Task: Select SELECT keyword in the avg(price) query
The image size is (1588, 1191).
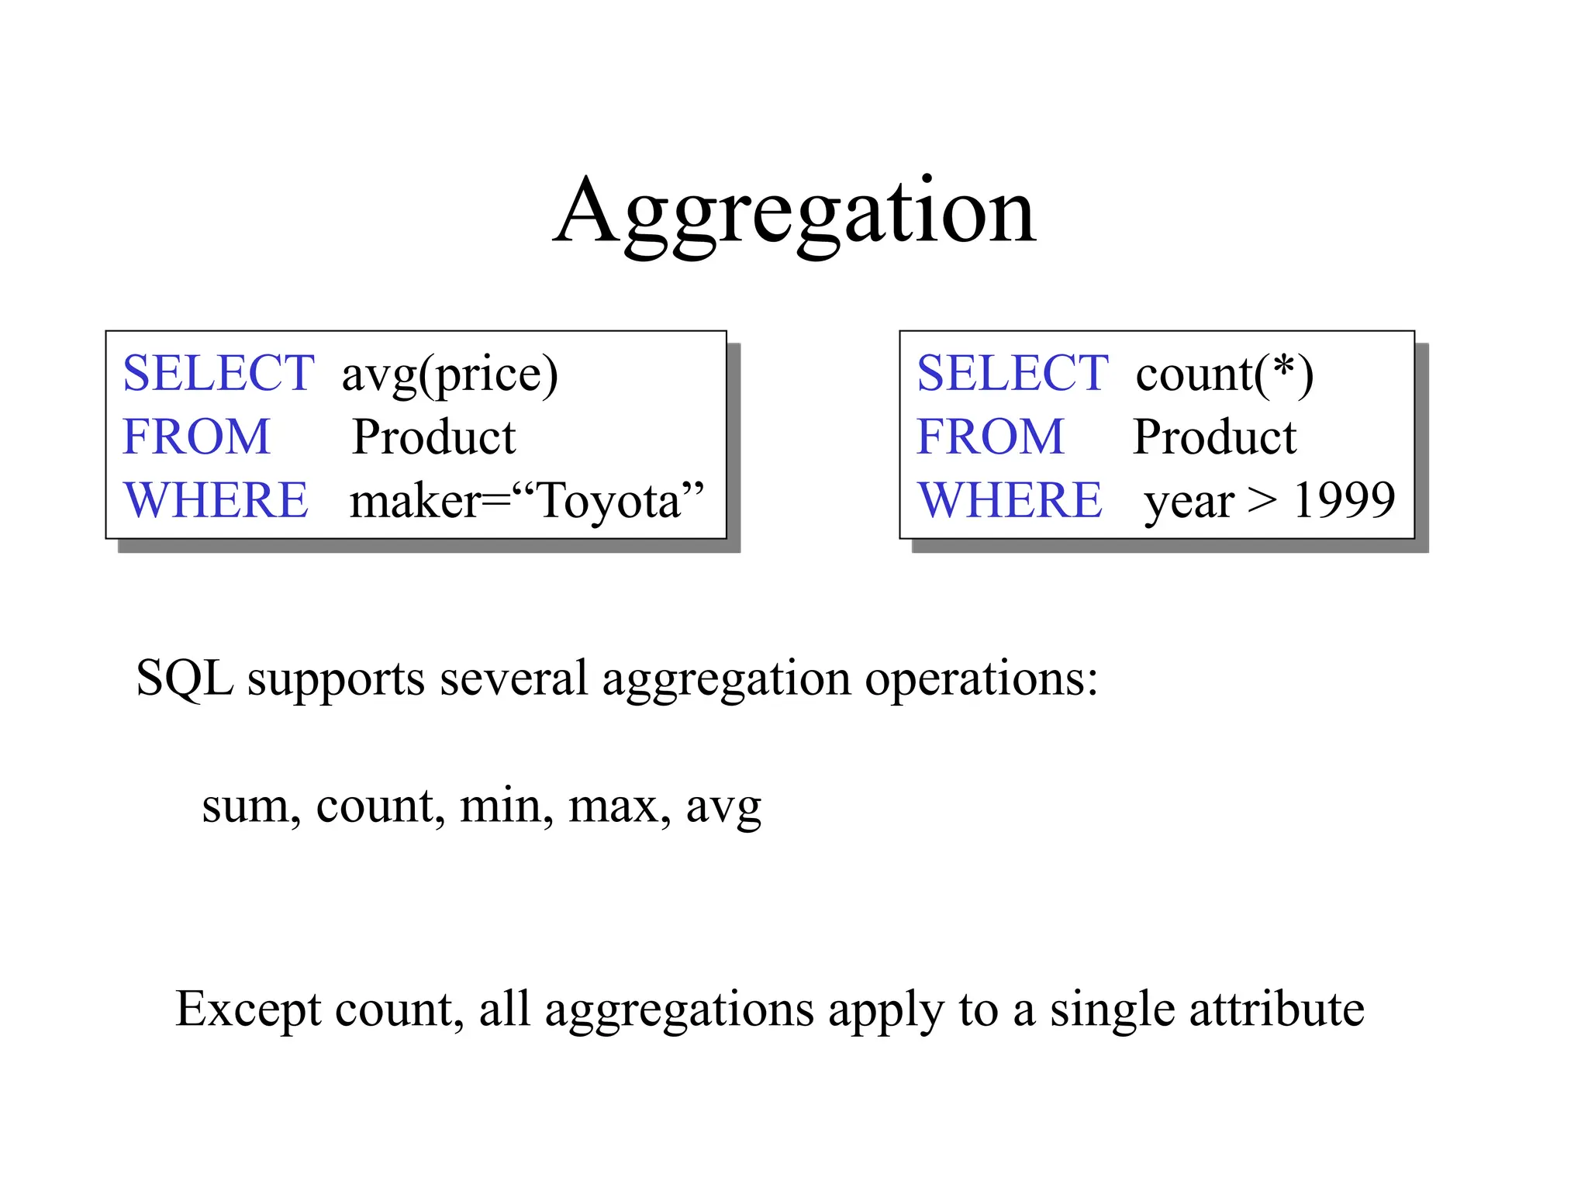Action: (x=219, y=374)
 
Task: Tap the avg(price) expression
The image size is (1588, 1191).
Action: (x=450, y=375)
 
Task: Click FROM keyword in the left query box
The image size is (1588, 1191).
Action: (x=196, y=437)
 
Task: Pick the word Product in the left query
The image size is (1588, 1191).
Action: (x=433, y=437)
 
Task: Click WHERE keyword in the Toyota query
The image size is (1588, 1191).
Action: (x=216, y=500)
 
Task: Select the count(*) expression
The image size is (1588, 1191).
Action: (x=1224, y=375)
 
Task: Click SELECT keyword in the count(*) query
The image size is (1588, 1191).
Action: (x=1013, y=374)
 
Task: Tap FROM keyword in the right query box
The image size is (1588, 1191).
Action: (x=990, y=437)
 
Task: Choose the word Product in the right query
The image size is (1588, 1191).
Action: (x=1214, y=437)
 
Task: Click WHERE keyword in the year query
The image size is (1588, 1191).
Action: (x=1010, y=500)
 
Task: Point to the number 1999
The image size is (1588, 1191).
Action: (x=1345, y=500)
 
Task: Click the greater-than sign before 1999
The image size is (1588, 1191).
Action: (x=1262, y=501)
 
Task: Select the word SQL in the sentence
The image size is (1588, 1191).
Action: (x=184, y=678)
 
